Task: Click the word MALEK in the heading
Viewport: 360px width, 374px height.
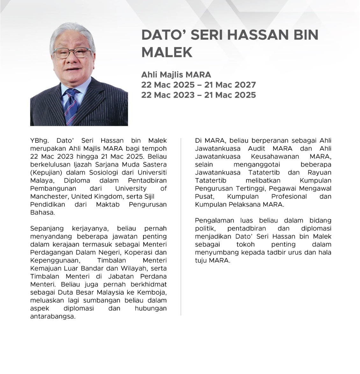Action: [x=167, y=52]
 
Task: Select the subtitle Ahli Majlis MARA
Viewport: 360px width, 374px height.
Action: [x=176, y=75]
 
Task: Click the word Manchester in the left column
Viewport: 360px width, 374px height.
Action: [x=49, y=197]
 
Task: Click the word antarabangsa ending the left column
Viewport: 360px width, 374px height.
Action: [x=53, y=317]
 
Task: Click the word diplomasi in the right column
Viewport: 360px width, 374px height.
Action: [x=316, y=228]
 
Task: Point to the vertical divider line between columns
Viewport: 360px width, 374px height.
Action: [x=181, y=226]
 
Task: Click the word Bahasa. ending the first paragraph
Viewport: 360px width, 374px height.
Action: [x=42, y=212]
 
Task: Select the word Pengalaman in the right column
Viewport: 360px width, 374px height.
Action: [x=214, y=220]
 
